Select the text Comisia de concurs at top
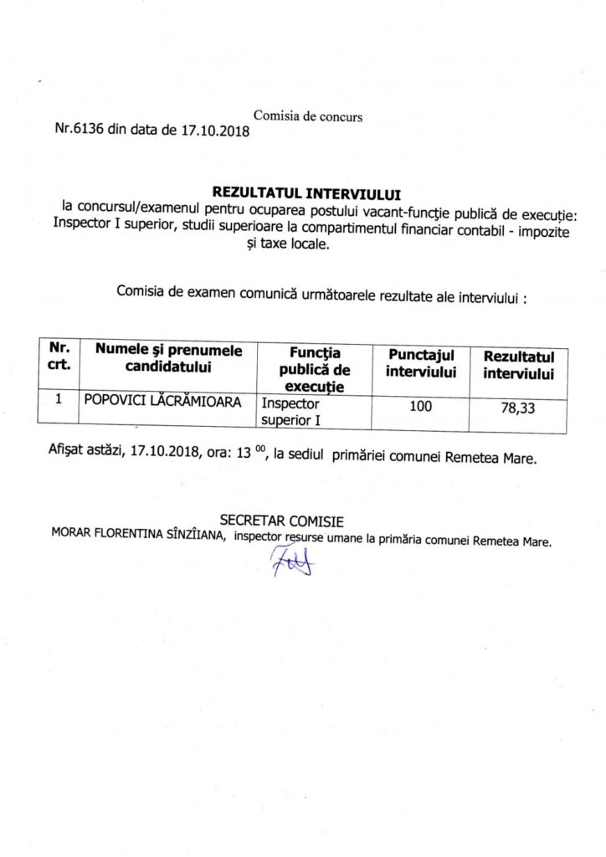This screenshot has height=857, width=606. coord(307,117)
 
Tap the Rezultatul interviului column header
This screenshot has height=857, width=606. coord(519,366)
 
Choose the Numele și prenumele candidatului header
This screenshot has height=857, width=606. coord(167,358)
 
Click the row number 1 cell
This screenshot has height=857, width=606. coord(59,401)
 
